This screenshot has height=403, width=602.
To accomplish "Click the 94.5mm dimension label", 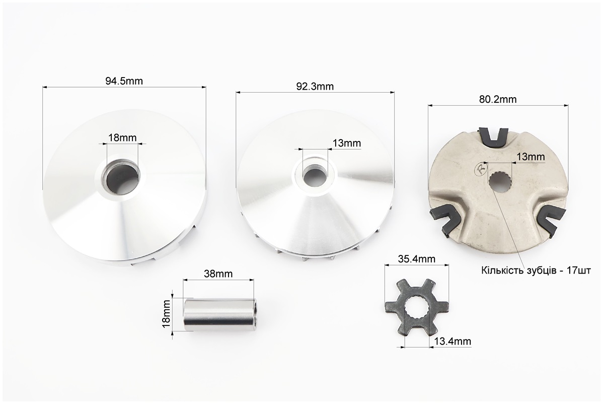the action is (x=124, y=81).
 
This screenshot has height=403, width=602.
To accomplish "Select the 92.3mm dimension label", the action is (x=315, y=87).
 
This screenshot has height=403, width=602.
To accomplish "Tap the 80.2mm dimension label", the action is (x=498, y=100).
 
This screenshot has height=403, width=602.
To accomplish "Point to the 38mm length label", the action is (x=218, y=274).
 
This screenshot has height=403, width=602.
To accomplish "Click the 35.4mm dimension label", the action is (x=417, y=259).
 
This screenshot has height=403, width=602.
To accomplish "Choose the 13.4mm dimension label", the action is (x=453, y=341).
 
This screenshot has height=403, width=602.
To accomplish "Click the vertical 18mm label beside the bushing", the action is (x=166, y=313).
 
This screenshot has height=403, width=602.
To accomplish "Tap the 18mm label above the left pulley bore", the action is (x=122, y=138).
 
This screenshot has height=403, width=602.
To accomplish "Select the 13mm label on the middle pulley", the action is (x=347, y=143).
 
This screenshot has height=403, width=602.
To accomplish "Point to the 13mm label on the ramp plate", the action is (x=531, y=157).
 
